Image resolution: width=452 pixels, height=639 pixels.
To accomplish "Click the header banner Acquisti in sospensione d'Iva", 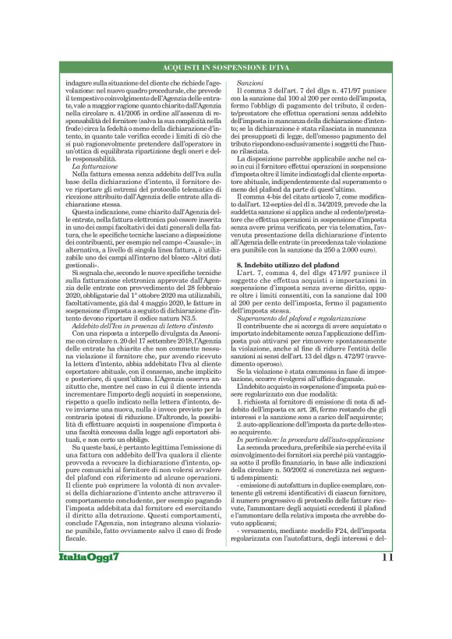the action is pyautogui.click(x=226, y=70).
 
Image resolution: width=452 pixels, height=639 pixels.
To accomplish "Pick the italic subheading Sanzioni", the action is pyautogui.click(x=251, y=82).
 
